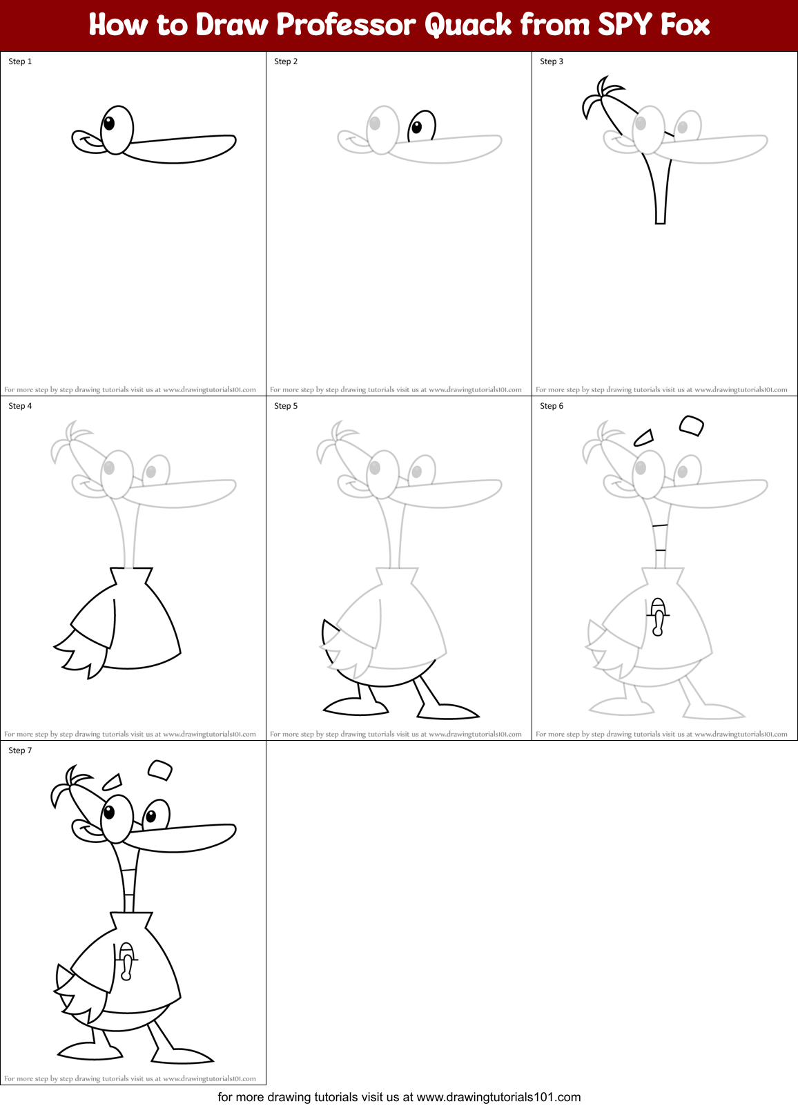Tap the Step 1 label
[x=20, y=61]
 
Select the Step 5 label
[x=286, y=406]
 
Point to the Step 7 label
[x=20, y=750]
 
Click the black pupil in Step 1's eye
[x=109, y=124]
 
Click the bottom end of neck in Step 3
[x=660, y=221]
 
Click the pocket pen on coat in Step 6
[x=658, y=616]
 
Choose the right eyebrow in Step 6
[x=691, y=425]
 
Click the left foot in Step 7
[x=90, y=1052]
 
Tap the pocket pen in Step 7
[x=126, y=960]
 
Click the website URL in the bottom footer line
[x=498, y=1097]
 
